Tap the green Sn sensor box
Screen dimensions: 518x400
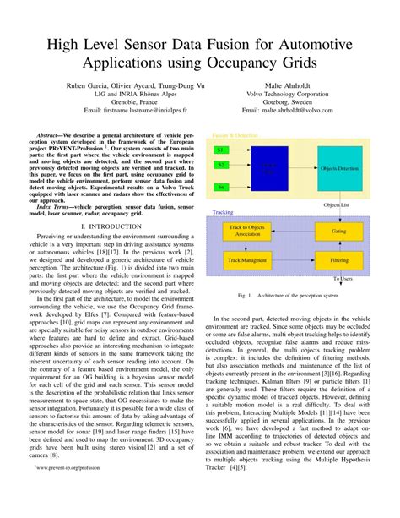(220, 187)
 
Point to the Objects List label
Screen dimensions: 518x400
(338, 204)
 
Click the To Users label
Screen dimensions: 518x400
(343, 278)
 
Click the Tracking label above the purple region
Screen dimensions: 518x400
(223, 212)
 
